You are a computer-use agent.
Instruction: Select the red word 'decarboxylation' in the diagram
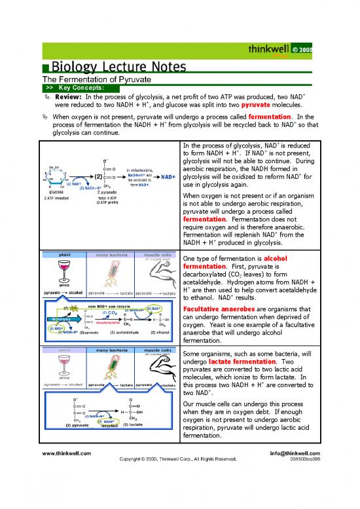tap(105, 322)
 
